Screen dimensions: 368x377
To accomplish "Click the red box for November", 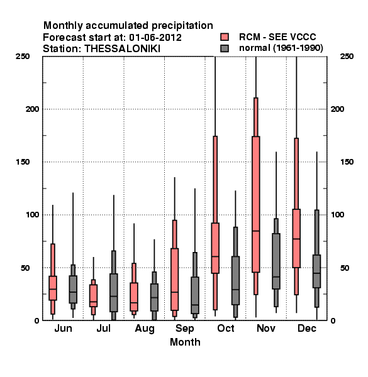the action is pos(256,204).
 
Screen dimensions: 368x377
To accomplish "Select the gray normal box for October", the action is pos(236,281).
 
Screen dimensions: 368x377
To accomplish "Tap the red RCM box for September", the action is pos(175,280).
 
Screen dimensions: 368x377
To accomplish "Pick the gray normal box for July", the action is pos(114,293).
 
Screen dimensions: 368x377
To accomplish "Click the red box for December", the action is pos(296,238).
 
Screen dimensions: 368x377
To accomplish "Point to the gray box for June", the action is pos(73,289).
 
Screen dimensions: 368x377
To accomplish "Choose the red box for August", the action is pos(134,297).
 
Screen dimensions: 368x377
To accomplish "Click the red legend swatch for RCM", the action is pos(225,37).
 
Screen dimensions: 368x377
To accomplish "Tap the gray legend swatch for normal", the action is pos(225,48).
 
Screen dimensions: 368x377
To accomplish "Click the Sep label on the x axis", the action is pos(184,329).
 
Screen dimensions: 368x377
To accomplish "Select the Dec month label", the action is pos(307,328).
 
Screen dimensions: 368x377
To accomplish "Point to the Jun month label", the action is pos(63,328).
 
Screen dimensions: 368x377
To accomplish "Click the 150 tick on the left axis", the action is pos(23,162).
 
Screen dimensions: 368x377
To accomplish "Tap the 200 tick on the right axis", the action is pos(338,109).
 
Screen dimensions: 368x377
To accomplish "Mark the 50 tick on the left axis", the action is pos(25,268).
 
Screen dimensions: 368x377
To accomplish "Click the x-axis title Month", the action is pos(185,342).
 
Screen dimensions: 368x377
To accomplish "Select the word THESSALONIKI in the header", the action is pos(122,48).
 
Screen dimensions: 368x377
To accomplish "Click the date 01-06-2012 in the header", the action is pos(155,37).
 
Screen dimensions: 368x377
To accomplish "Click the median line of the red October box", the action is pos(215,256).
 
